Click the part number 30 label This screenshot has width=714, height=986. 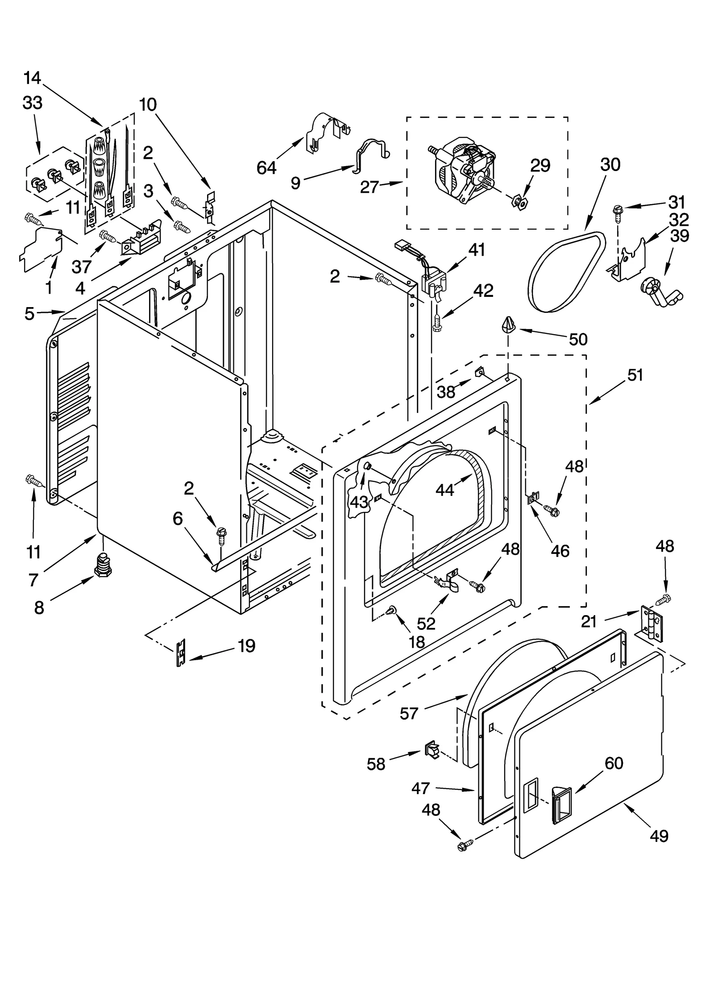(610, 165)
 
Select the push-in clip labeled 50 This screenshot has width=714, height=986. (509, 324)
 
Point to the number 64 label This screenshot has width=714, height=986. (266, 168)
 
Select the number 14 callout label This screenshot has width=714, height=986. (32, 78)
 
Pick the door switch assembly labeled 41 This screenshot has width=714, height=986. (432, 283)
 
